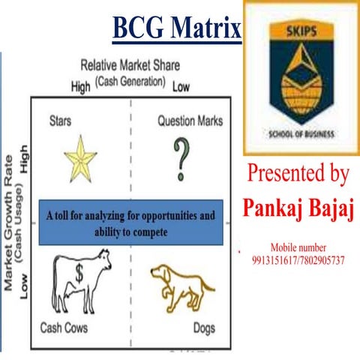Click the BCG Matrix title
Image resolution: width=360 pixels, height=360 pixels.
(176, 29)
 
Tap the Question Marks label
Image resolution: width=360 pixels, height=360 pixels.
(190, 120)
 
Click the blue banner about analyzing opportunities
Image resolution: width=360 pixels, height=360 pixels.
(129, 223)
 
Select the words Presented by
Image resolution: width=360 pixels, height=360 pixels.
(298, 175)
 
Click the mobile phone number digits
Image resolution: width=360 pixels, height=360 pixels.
(298, 259)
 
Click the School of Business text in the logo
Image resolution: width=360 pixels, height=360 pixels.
(301, 136)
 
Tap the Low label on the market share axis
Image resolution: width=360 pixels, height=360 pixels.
(181, 87)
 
